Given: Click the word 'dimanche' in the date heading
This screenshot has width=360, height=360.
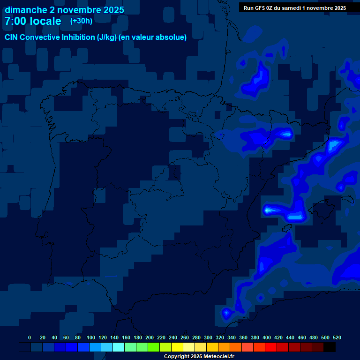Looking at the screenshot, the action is coord(26,10).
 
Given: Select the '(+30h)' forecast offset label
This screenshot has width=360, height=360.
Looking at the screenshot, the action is coord(81,21).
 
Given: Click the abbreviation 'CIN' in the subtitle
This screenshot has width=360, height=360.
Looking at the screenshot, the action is coord(12,37).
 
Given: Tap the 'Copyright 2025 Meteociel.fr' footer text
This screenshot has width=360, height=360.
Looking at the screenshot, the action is coord(199,356).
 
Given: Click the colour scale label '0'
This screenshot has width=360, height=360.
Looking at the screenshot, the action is coord(30,337).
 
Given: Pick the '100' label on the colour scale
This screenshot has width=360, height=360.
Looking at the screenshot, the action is coord(91,337).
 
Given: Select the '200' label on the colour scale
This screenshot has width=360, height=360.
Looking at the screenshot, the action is coord(150,337).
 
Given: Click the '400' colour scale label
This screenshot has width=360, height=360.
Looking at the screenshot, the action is coord(267,337).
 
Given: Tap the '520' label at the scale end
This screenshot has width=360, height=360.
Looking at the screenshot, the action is coord(337,337).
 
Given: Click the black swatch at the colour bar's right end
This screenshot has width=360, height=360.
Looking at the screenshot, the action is coord(330,347).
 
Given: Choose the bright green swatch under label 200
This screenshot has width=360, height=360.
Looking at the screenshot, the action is coord(154,347).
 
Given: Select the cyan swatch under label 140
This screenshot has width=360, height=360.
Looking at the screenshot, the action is coord(119,347).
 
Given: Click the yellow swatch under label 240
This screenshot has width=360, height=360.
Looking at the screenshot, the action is coord(177,347).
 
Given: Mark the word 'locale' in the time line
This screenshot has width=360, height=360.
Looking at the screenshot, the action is coord(45,21).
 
